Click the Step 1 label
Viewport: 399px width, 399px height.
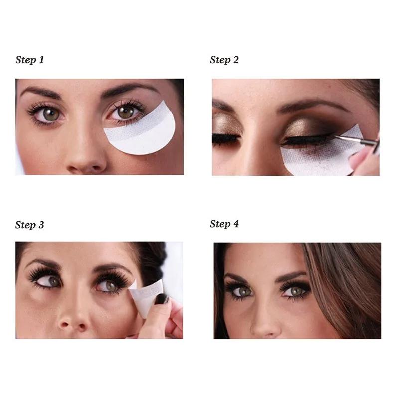[30, 60]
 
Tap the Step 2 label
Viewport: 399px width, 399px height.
[224, 60]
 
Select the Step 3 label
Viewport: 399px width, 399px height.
[30, 225]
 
